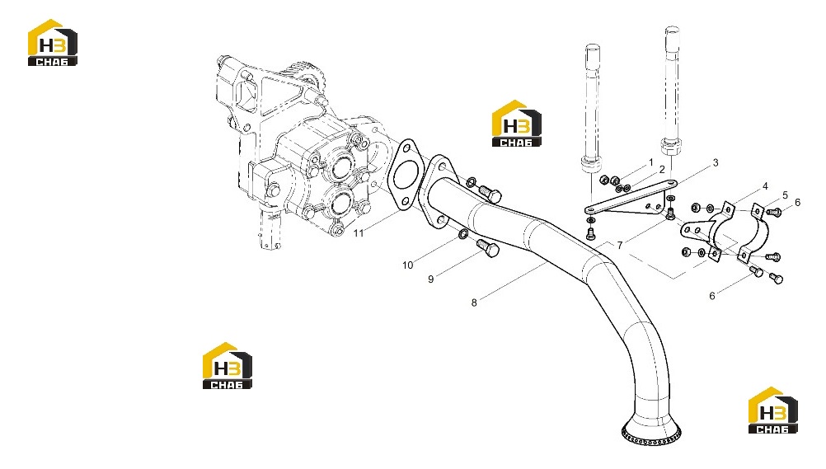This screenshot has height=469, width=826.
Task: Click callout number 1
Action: click(651, 162)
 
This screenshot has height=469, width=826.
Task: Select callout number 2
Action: click(662, 169)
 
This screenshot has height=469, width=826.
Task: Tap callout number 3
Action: click(716, 163)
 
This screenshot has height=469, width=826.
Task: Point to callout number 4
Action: click(765, 186)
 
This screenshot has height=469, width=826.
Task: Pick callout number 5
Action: click(785, 195)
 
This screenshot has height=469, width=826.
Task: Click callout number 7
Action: click(620, 245)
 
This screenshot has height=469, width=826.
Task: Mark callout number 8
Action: click(474, 303)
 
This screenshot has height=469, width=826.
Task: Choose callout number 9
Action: click(431, 279)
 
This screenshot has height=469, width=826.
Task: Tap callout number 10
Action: click(408, 265)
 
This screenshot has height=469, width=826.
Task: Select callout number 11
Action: click(359, 233)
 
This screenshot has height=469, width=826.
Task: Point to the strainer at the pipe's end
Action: click(651, 429)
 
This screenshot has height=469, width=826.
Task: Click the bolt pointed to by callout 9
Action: click(488, 247)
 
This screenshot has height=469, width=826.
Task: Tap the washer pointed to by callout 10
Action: click(462, 233)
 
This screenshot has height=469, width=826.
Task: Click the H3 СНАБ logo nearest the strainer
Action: click(772, 410)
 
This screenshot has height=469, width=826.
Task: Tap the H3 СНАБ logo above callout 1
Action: click(516, 124)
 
